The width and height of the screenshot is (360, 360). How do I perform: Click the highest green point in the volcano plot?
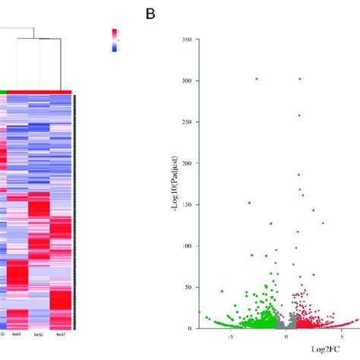pyautogui.click(x=257, y=79)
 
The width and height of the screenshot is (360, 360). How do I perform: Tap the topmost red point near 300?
pyautogui.click(x=300, y=79)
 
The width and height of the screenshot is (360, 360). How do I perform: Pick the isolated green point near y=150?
pyautogui.click(x=249, y=203)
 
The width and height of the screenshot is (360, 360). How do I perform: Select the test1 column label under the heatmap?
pyautogui.click(x=17, y=334)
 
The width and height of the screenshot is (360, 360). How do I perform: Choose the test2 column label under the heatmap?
pyautogui.click(x=39, y=334)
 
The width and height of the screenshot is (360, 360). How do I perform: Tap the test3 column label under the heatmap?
pyautogui.click(x=59, y=334)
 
